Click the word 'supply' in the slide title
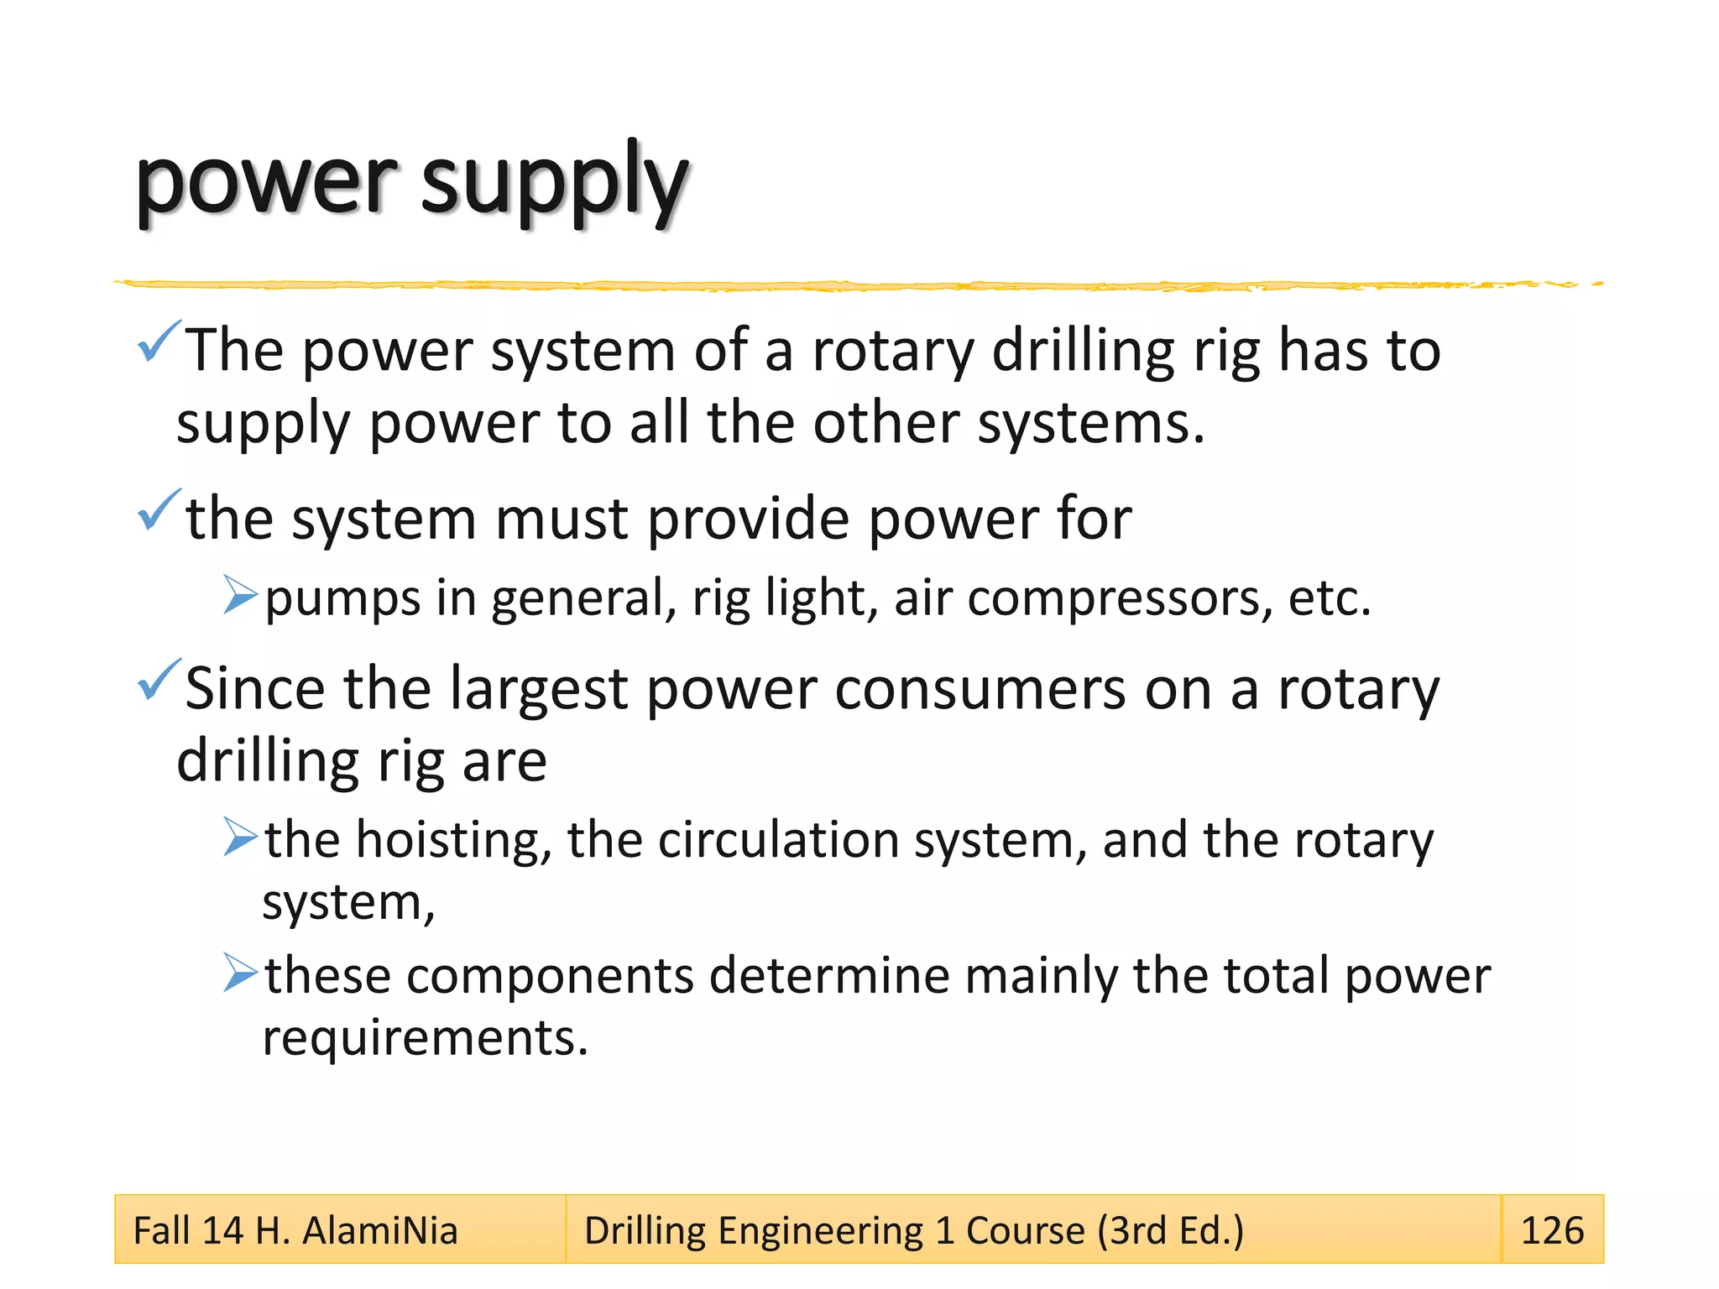553,182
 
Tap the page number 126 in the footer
1552,1230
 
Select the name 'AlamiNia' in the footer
379,1230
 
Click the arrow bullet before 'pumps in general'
240,595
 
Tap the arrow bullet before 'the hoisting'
240,837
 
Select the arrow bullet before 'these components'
240,973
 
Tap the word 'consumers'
980,689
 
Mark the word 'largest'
538,689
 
